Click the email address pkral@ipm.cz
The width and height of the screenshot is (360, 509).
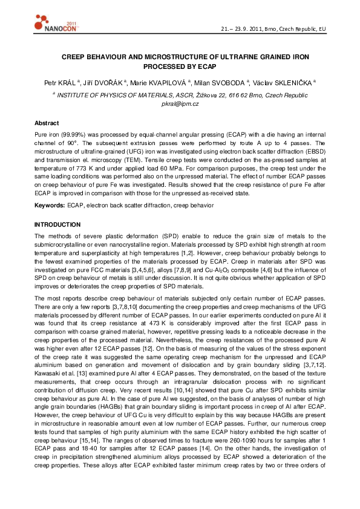coord(180,104)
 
